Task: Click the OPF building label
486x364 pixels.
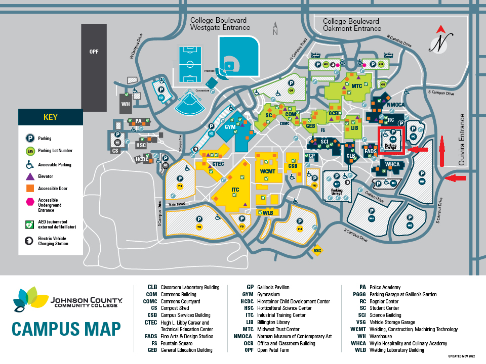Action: click(x=94, y=52)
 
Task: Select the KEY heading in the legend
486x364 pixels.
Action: click(x=50, y=117)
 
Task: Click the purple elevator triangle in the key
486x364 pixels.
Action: click(x=30, y=176)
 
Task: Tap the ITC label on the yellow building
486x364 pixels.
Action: click(x=235, y=190)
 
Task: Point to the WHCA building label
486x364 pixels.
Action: click(x=392, y=165)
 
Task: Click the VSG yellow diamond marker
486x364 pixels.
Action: click(x=318, y=250)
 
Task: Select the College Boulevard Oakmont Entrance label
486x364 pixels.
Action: click(x=351, y=25)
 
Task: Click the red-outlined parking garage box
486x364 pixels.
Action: click(x=391, y=140)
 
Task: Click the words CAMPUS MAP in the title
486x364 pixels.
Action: click(x=66, y=329)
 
